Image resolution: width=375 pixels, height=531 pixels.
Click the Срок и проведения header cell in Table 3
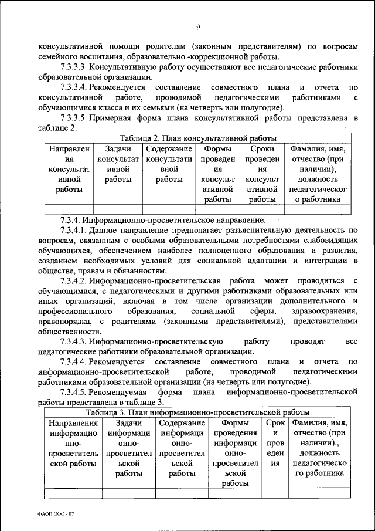[x=275, y=442]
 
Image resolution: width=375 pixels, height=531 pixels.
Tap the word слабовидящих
[x=328, y=241]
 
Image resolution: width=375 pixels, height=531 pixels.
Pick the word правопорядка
[x=64, y=320]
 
